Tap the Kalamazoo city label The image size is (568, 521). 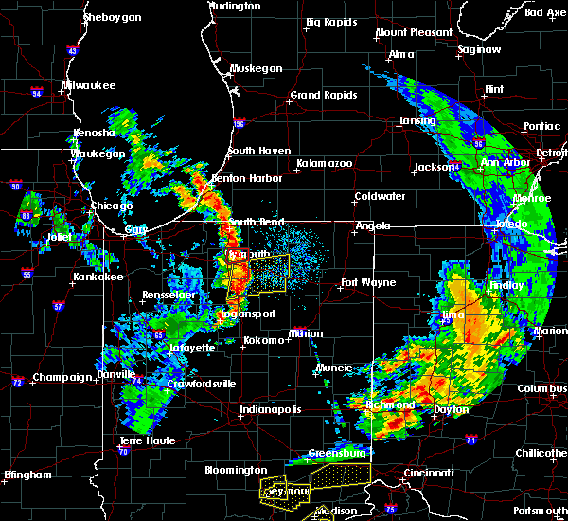324,163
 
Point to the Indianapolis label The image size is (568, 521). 271,409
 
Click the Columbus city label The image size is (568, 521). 541,388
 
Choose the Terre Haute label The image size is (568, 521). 147,441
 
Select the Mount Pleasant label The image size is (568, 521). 414,32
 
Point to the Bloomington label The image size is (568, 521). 235,470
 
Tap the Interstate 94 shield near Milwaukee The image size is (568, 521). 37,93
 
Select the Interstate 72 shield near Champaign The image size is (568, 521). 18,382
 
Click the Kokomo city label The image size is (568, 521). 264,340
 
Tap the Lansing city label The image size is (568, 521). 417,120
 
